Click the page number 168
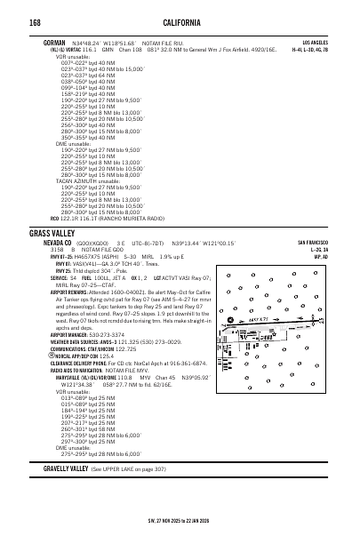pos(36,20)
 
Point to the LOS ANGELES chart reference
pos(316,42)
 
